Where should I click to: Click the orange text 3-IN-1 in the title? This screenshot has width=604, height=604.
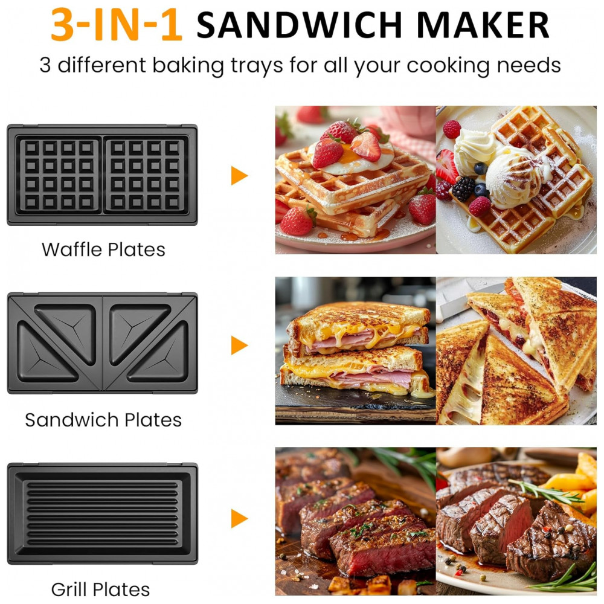116,25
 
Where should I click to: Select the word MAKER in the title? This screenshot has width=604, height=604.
483,25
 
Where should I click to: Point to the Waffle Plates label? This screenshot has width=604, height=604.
103,249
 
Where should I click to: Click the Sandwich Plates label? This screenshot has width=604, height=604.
103,420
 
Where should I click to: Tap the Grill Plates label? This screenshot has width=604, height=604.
100,590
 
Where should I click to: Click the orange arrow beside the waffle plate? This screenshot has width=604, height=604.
239,176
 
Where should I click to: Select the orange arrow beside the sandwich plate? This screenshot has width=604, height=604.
239,345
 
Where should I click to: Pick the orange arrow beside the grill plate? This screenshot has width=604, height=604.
239,518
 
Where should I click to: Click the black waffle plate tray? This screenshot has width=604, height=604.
103,175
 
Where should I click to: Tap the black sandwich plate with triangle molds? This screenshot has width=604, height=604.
103,343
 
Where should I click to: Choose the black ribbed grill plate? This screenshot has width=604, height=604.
103,513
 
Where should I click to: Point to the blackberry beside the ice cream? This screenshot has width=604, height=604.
463,188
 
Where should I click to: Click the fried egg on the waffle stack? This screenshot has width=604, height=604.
352,158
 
